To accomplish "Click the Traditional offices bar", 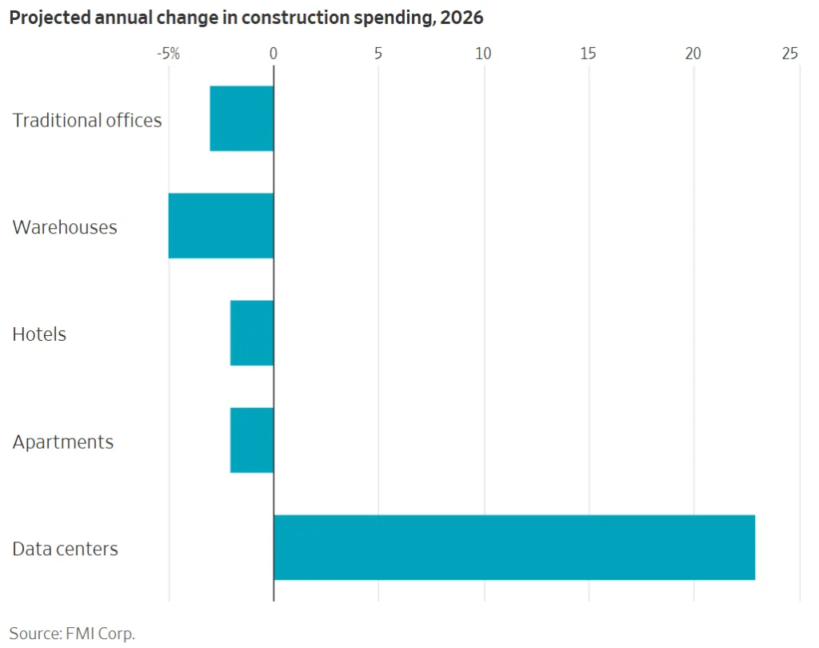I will pos(242,118).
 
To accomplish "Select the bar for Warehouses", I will pos(221,226).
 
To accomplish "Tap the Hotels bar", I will pos(252,333).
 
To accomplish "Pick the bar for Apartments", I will pos(252,440).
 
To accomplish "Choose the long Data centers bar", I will pos(513,547).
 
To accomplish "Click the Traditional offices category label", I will pos(87,120).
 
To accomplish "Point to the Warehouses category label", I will pos(65,227).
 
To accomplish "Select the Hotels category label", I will pos(39,334).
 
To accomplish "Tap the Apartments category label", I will pos(63,442).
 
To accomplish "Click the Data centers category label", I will pos(66,549).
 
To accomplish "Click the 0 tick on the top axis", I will pos(274,54).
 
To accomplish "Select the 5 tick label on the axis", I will pos(378,54).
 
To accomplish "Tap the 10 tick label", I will pos(483,54).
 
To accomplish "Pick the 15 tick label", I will pos(589,54).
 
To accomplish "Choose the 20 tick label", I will pos(693,54).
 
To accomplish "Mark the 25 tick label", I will pos(790,54).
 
